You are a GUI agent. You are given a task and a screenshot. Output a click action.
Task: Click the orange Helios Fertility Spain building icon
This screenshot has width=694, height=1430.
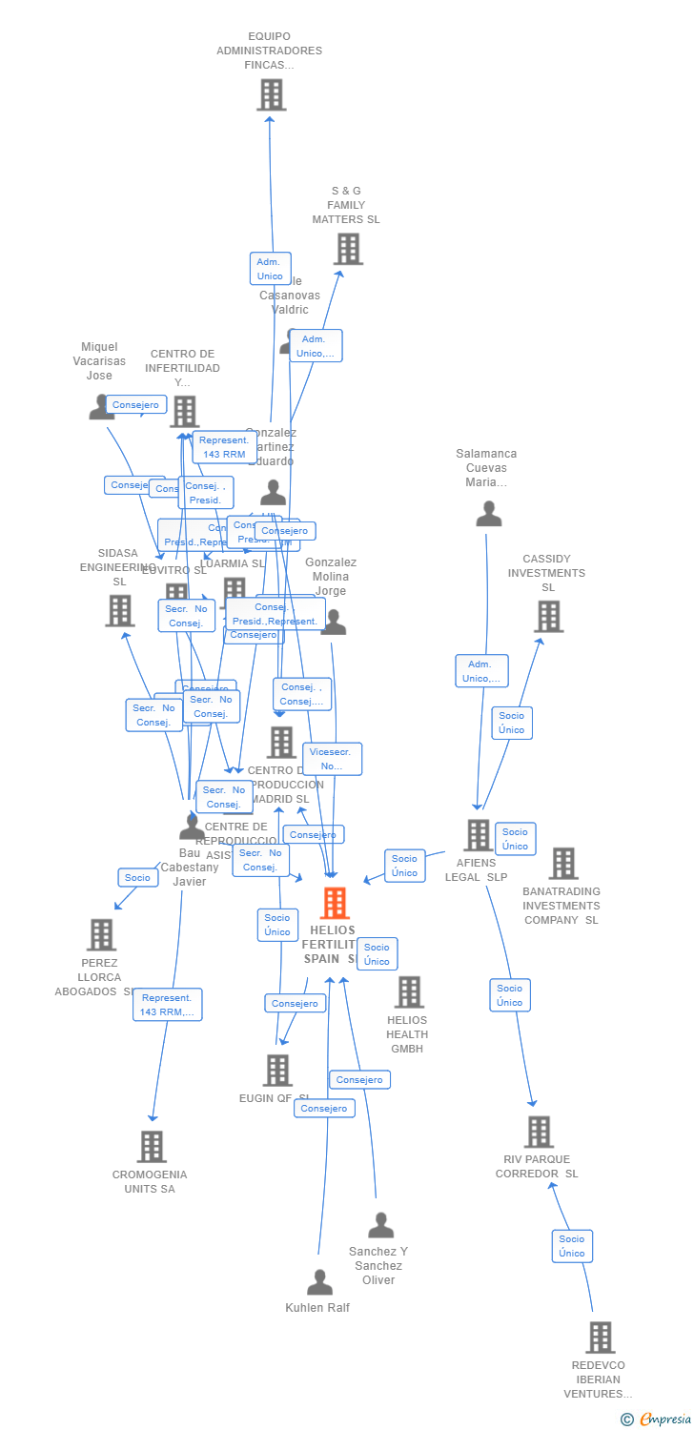pyautogui.click(x=335, y=902)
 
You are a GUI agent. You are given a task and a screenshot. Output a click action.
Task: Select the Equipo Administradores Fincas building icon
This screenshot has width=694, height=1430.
pyautogui.click(x=272, y=94)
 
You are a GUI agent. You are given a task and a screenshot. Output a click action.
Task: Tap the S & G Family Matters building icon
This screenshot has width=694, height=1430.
pyautogui.click(x=348, y=249)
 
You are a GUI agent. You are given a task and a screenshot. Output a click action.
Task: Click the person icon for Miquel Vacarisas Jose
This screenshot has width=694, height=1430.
pyautogui.click(x=101, y=407)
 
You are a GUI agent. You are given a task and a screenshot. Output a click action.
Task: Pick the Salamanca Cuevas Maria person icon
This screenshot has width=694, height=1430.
pyautogui.click(x=488, y=514)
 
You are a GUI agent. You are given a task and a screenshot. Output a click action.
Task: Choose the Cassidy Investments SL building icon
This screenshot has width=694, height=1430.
pyautogui.click(x=548, y=616)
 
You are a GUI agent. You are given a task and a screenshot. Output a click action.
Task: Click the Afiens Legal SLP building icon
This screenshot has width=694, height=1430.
pyautogui.click(x=478, y=835)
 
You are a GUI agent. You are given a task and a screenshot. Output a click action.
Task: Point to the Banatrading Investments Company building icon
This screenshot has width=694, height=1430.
pyautogui.click(x=563, y=863)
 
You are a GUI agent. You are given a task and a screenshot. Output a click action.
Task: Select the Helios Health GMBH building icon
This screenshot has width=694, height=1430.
pyautogui.click(x=409, y=991)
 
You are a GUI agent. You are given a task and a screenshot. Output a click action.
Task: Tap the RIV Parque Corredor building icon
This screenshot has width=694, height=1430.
pyautogui.click(x=539, y=1132)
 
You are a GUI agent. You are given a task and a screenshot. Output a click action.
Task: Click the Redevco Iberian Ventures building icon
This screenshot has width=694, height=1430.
pyautogui.click(x=600, y=1337)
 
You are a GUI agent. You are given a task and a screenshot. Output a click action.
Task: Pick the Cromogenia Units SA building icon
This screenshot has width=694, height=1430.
pyautogui.click(x=152, y=1146)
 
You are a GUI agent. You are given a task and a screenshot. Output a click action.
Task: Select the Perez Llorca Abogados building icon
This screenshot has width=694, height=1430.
pyautogui.click(x=101, y=934)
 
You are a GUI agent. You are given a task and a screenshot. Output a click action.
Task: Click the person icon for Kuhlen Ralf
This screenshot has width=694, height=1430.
pyautogui.click(x=319, y=1282)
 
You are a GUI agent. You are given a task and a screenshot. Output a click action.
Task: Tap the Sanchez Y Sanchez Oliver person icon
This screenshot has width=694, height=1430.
pyautogui.click(x=380, y=1225)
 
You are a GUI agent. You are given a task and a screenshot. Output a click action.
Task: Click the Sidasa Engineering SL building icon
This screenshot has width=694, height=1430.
pyautogui.click(x=120, y=610)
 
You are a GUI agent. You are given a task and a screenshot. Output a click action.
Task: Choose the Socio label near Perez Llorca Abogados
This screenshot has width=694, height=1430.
pyautogui.click(x=137, y=877)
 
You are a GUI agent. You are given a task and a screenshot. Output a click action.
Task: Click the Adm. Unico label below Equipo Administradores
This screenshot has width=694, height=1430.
pyautogui.click(x=270, y=269)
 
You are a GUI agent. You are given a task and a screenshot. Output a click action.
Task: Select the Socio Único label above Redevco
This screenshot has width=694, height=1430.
pyautogui.click(x=572, y=1246)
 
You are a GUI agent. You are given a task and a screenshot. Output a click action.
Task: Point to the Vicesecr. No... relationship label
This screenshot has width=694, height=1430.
pyautogui.click(x=332, y=759)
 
